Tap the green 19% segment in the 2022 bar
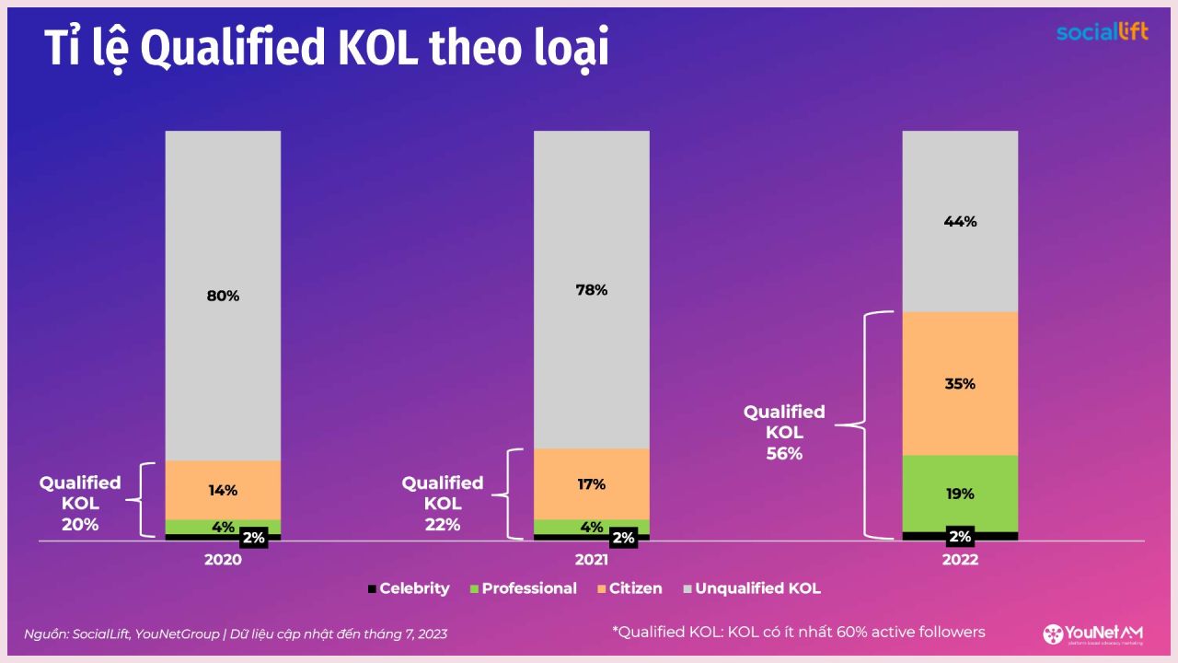[x=960, y=494]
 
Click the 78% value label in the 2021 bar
[x=592, y=290]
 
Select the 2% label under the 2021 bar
[x=623, y=538]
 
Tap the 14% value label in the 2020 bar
[x=223, y=491]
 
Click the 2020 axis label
[x=223, y=560]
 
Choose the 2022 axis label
[x=960, y=560]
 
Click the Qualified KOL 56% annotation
[x=784, y=433]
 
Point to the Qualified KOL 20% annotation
[x=80, y=504]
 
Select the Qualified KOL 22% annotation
[x=443, y=504]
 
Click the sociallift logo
[x=1102, y=32]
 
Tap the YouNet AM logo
[x=1093, y=634]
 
